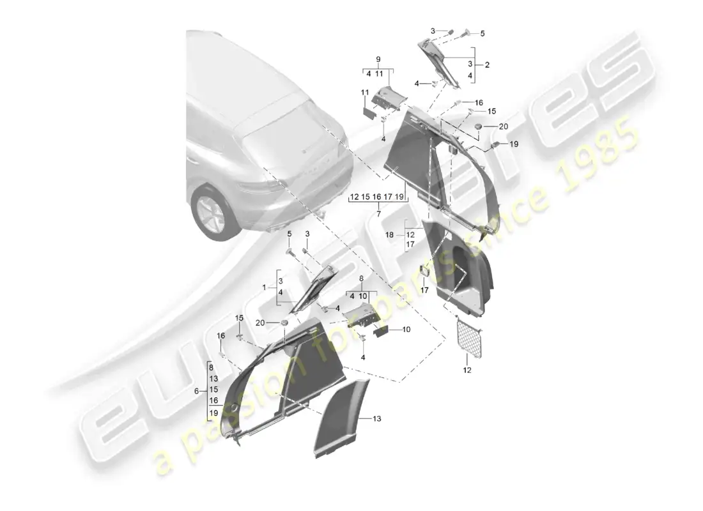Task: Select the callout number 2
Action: [487, 65]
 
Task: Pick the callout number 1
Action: [264, 288]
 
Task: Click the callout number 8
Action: [361, 278]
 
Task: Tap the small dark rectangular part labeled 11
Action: [369, 111]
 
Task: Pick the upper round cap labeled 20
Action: [478, 130]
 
